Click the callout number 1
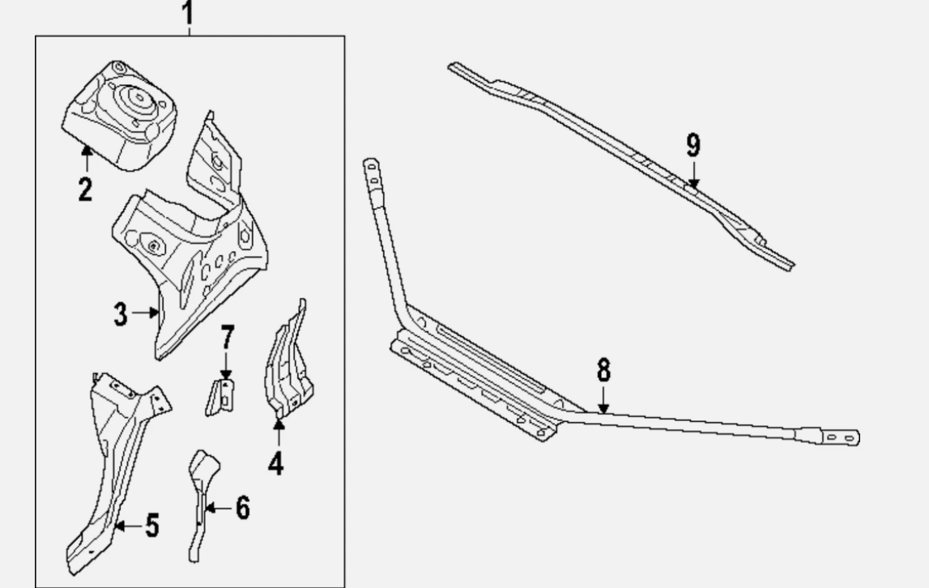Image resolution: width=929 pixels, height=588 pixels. [188, 12]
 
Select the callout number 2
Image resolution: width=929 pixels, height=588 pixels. [85, 189]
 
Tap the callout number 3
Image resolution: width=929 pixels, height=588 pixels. [120, 314]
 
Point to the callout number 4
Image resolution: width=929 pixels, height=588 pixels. [275, 463]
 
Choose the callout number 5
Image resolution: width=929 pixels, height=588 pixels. [152, 526]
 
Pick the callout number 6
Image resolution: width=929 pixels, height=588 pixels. [243, 508]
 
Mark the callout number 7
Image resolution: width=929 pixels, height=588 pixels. [228, 337]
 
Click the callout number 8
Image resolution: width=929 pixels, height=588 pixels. [603, 370]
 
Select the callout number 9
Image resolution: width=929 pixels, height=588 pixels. [693, 145]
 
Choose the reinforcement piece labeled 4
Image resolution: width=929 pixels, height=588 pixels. [288, 361]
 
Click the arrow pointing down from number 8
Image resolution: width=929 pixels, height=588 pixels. [603, 400]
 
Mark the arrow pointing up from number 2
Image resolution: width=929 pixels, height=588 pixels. [87, 158]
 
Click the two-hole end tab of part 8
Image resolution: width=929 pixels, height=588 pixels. [841, 437]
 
